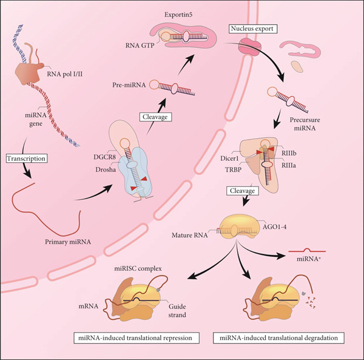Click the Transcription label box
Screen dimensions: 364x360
(26, 158)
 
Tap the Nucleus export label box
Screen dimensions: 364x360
(253, 29)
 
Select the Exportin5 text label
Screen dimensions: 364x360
(178, 15)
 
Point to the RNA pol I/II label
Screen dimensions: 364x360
(65, 74)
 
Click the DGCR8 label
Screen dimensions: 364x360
(104, 157)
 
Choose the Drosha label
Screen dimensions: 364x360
(106, 169)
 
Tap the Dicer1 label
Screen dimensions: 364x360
(229, 158)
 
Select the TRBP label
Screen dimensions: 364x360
(233, 169)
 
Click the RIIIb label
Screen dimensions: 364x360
(289, 154)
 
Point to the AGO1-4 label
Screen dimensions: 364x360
(274, 226)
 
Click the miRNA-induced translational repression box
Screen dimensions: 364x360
(136, 338)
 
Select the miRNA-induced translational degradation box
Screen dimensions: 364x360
(278, 338)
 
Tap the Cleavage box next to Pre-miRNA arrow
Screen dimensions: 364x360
(155, 117)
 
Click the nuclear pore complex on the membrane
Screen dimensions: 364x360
(249, 47)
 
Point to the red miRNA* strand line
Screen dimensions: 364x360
(307, 251)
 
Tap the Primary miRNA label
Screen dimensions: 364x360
(68, 242)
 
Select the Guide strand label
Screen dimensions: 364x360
(177, 311)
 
